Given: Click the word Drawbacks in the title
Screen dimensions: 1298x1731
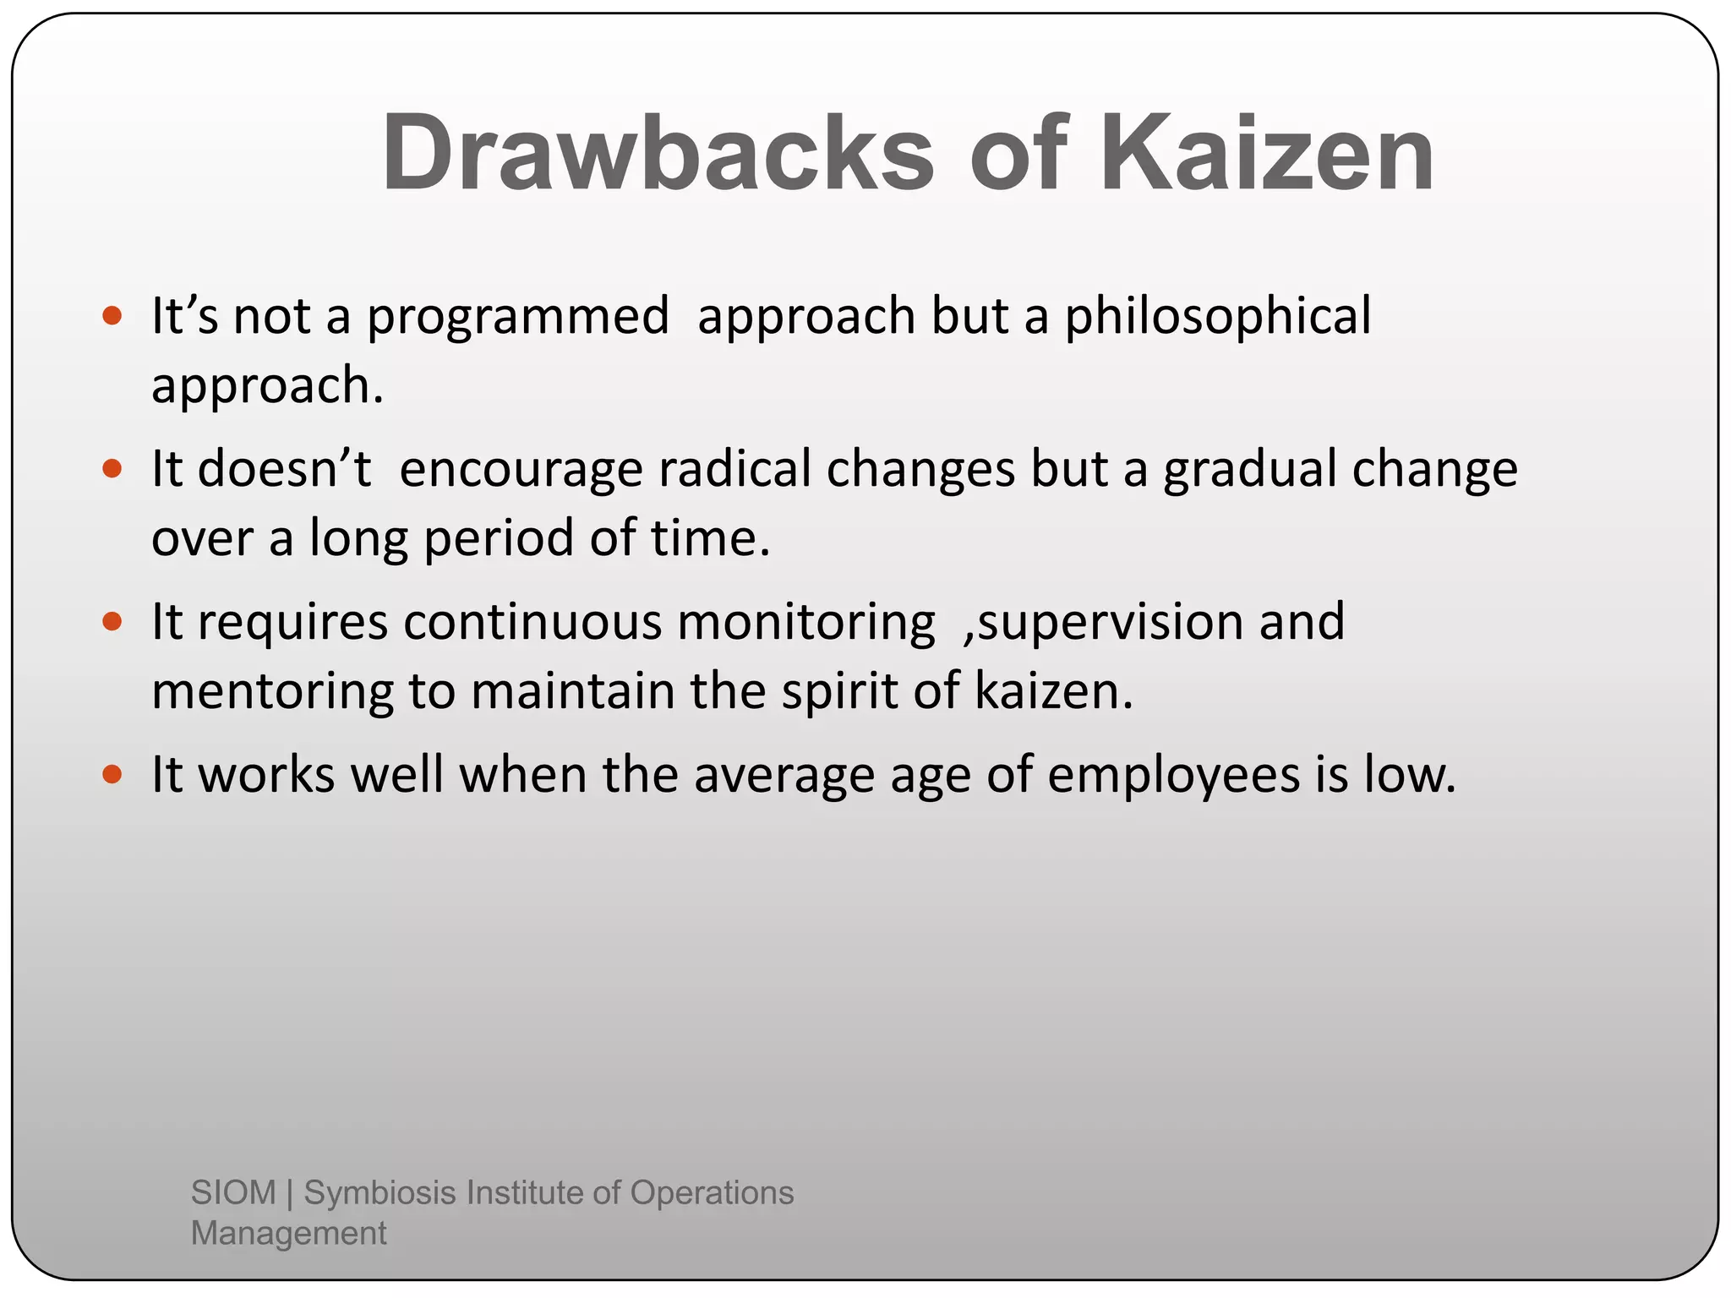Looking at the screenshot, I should pyautogui.click(x=658, y=154).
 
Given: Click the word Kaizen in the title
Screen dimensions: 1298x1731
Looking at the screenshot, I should pyautogui.click(x=1265, y=154).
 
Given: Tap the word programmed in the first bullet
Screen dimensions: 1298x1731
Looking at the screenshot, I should pyautogui.click(x=517, y=318).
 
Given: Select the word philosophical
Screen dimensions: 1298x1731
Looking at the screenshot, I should pyautogui.click(x=1217, y=318).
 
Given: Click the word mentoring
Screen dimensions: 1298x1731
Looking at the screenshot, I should pyautogui.click(x=272, y=692).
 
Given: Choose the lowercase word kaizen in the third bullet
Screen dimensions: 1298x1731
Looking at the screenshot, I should pyautogui.click(x=1052, y=690).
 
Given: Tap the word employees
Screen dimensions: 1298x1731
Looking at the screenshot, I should pyautogui.click(x=1173, y=776).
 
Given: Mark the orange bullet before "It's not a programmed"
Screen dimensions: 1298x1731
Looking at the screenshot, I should pyautogui.click(x=112, y=316).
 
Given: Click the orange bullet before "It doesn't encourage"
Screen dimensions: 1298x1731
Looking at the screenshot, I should pyautogui.click(x=112, y=468).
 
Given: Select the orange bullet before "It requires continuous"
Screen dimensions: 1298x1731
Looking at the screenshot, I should pyautogui.click(x=112, y=622).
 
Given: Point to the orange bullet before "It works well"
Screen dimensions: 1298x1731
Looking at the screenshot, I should pyautogui.click(x=112, y=774).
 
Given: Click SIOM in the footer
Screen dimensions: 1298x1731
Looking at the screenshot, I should pyautogui.click(x=233, y=1192).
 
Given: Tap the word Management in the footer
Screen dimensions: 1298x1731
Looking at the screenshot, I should pyautogui.click(x=288, y=1233).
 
